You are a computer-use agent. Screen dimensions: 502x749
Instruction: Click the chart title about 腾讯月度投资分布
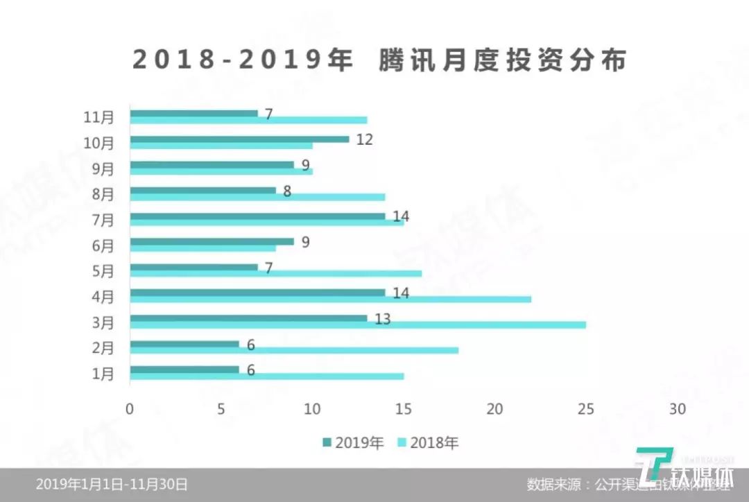(x=379, y=60)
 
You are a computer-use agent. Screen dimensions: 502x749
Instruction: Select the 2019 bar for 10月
(x=239, y=139)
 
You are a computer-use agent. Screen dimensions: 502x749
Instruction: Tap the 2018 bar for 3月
(x=357, y=324)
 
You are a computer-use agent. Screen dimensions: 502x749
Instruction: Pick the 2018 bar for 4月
(x=330, y=299)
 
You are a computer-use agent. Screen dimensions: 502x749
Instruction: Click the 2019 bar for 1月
(x=184, y=370)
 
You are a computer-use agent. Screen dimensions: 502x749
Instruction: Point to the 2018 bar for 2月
(x=293, y=350)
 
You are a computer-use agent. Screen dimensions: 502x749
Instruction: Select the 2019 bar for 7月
(x=257, y=216)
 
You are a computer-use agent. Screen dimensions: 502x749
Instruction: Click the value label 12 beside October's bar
(x=365, y=139)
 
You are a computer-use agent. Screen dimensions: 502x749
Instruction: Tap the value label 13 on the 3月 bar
(x=383, y=319)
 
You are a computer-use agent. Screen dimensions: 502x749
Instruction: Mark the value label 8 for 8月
(x=287, y=191)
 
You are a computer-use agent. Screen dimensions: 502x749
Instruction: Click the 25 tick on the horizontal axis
(x=586, y=409)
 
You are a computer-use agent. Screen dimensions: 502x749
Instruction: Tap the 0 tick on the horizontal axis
(x=130, y=409)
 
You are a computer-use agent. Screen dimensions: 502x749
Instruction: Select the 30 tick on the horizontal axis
(x=677, y=409)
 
